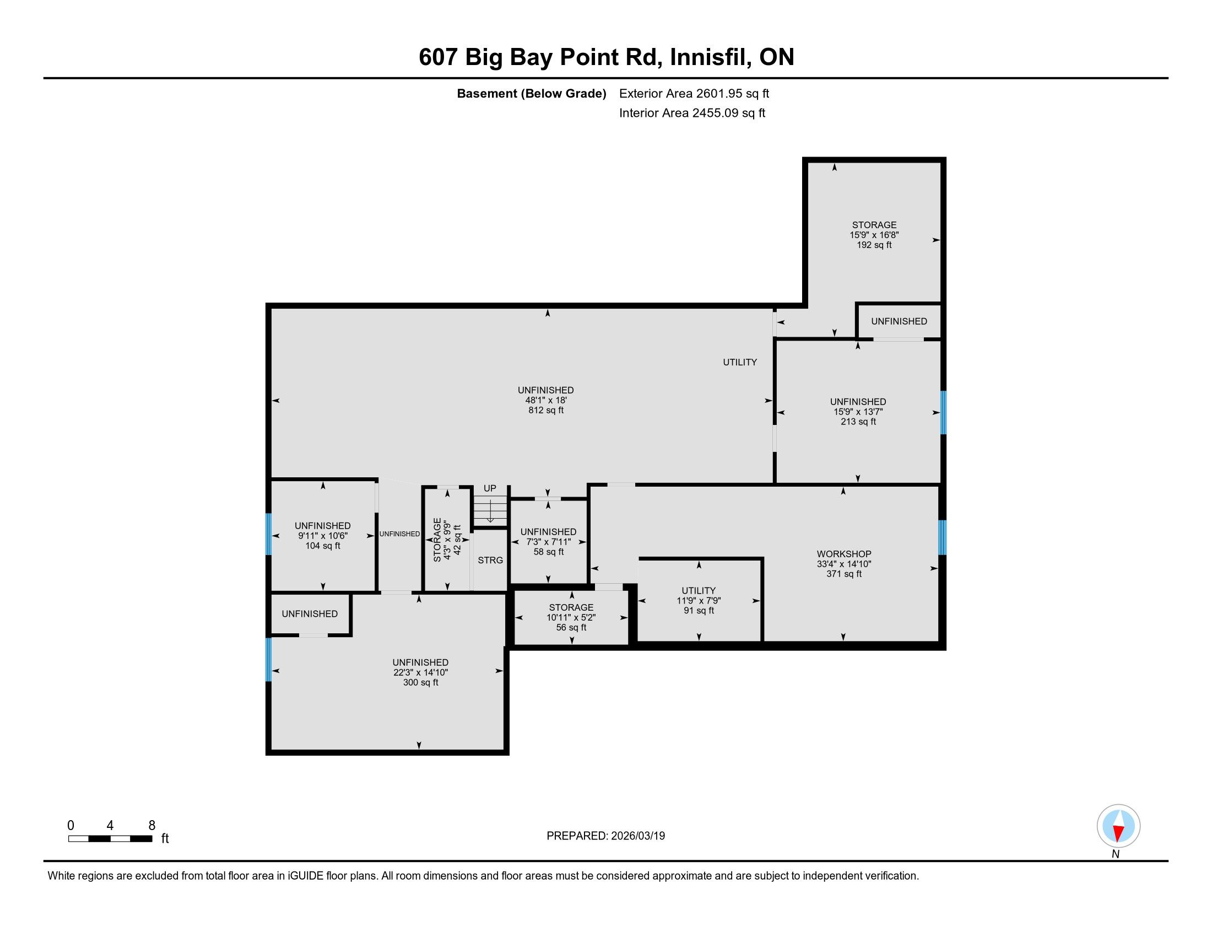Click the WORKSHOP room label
pyautogui.click(x=843, y=553)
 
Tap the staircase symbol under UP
pyautogui.click(x=490, y=510)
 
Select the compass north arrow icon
pyautogui.click(x=1118, y=826)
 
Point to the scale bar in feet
pyautogui.click(x=110, y=839)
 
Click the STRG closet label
pyautogui.click(x=490, y=560)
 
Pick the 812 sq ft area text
pyautogui.click(x=546, y=410)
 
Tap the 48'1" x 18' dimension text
pyautogui.click(x=546, y=400)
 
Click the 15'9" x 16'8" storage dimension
pyautogui.click(x=874, y=235)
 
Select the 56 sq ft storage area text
pyautogui.click(x=571, y=627)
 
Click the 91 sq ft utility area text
pyautogui.click(x=699, y=611)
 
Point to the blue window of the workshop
pyautogui.click(x=942, y=537)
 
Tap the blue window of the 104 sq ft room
pyautogui.click(x=269, y=534)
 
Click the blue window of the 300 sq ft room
pyautogui.click(x=269, y=659)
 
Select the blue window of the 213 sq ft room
pyautogui.click(x=943, y=412)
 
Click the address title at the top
pyautogui.click(x=606, y=57)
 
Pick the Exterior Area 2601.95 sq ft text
pyautogui.click(x=694, y=93)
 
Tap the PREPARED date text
pyautogui.click(x=605, y=836)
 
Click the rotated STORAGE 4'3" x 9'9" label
pyautogui.click(x=447, y=540)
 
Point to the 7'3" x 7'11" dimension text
pyautogui.click(x=548, y=542)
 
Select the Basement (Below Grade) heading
pyautogui.click(x=531, y=93)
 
